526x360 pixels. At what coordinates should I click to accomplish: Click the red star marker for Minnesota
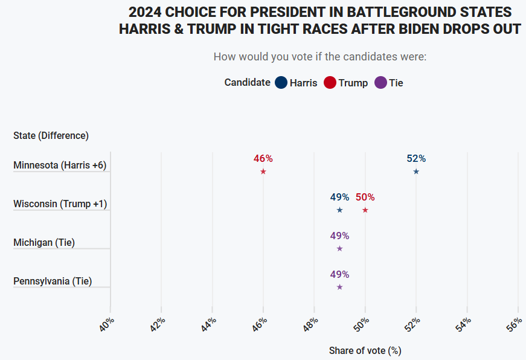[263, 172]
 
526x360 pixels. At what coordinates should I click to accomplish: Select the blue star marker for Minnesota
[416, 172]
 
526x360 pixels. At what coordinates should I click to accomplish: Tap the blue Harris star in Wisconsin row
[339, 210]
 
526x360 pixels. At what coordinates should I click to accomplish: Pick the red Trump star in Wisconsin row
[365, 210]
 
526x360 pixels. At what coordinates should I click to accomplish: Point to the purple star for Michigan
[339, 248]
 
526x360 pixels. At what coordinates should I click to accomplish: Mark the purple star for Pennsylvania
[339, 287]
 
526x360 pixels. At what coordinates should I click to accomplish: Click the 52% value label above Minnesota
[416, 159]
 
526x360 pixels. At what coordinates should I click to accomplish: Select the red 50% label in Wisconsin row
[365, 198]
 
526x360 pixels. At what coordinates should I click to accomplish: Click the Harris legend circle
[281, 83]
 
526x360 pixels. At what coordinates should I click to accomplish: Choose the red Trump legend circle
[330, 83]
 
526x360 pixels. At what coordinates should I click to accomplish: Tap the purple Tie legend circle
[380, 83]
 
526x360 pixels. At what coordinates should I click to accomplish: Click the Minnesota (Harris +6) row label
[60, 166]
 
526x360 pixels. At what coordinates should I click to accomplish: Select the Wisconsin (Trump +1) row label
[60, 204]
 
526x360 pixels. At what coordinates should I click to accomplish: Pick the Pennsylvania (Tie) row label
[53, 281]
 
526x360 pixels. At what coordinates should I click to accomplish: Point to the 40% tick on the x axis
[107, 324]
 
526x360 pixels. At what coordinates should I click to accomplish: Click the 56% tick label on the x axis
[515, 324]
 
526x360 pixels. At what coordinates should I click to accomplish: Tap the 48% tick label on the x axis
[311, 324]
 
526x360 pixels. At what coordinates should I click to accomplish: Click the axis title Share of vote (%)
[365, 350]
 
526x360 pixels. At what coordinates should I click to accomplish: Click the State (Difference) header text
[51, 136]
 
